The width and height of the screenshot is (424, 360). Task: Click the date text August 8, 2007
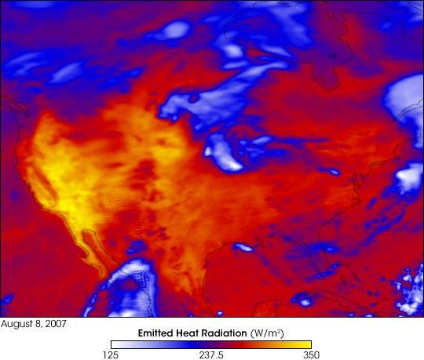point(32,323)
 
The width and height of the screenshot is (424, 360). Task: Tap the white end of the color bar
point(115,343)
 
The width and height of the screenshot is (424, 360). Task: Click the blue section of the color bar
point(157,343)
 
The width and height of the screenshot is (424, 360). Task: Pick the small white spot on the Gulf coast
point(243,247)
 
